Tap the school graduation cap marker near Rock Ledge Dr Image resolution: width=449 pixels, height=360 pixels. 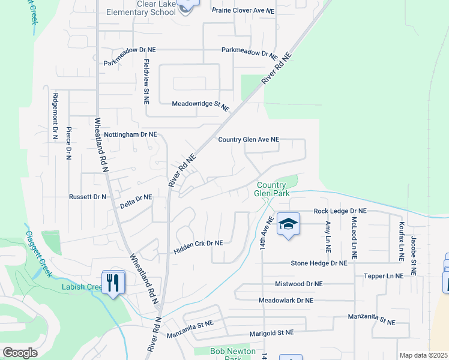[x=289, y=225]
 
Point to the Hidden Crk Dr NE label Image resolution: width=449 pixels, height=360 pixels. [x=198, y=243]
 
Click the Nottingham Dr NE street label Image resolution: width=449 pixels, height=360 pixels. [x=130, y=135]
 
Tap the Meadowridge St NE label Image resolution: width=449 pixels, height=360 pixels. [x=200, y=105]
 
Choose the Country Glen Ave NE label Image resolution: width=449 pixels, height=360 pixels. [x=249, y=139]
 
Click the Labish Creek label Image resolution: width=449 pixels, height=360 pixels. [x=82, y=287]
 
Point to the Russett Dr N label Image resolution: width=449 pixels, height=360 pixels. [x=88, y=196]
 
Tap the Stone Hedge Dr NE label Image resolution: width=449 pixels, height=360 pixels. [x=319, y=263]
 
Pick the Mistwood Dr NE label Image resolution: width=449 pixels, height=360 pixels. [x=298, y=284]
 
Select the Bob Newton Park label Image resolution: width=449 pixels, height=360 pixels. [x=233, y=354]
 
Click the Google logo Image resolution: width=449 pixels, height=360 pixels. [x=20, y=353]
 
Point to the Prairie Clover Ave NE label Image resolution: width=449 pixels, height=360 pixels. [x=243, y=10]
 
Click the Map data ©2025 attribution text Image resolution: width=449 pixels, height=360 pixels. [x=423, y=355]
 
